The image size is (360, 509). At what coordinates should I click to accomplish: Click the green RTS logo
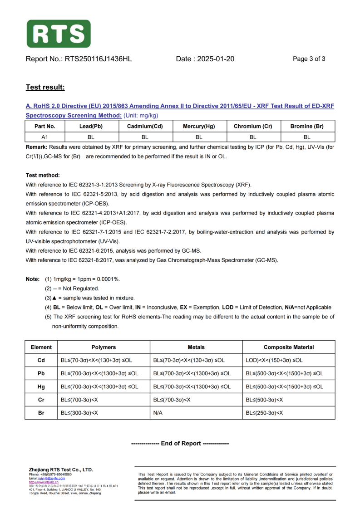59,34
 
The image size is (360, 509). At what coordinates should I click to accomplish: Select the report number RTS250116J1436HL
99,59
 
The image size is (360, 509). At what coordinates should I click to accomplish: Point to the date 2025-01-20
216,59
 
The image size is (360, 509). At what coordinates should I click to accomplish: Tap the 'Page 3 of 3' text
309,59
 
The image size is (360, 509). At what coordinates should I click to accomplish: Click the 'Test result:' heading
45,87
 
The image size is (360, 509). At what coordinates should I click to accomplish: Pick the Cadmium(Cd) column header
145,127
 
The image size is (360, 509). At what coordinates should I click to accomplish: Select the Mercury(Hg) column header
199,127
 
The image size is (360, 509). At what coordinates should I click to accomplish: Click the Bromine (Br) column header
307,127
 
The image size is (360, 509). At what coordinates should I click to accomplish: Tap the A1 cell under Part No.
45,137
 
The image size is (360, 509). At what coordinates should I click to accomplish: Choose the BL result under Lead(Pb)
91,137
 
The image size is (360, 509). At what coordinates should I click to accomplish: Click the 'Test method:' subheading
43,175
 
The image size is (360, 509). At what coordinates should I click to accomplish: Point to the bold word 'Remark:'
36,147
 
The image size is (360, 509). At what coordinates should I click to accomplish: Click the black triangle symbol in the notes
54,298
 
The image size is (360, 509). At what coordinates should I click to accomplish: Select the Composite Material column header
289,347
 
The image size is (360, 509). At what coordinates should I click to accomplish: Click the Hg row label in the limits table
41,387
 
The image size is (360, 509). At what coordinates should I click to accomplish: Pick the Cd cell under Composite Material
274,360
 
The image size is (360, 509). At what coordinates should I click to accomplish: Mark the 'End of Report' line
180,443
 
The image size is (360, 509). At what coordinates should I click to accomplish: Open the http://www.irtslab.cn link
40,482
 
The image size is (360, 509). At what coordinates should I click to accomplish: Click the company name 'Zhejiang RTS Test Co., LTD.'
60,470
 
